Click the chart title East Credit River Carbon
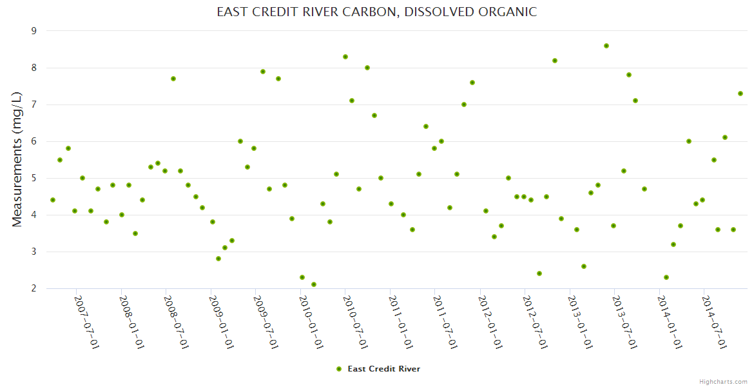376,12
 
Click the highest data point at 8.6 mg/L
606,46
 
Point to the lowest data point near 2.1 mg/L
314,284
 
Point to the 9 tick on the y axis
34,31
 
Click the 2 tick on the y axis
34,289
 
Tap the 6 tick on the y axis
34,141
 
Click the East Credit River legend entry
378,369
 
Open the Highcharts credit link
723,381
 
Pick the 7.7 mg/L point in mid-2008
173,79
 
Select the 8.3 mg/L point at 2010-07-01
345,57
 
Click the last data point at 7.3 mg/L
740,94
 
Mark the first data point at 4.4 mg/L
53,200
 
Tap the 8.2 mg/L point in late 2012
555,61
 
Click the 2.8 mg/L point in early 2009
218,259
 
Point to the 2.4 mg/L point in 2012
539,273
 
